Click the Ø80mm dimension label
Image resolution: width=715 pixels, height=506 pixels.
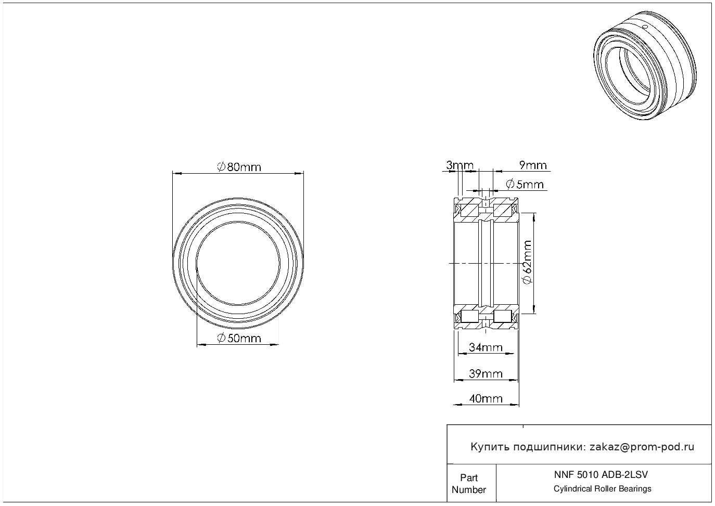[239, 167]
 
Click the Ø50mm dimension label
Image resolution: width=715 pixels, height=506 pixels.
[239, 338]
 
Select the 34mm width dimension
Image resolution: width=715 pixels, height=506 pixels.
[486, 347]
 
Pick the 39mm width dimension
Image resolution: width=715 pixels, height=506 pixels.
[486, 373]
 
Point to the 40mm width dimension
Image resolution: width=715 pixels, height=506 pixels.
[486, 398]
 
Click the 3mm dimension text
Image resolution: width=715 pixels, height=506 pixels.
[459, 165]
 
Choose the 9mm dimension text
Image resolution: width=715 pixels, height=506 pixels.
[533, 165]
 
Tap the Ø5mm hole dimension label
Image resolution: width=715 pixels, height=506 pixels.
[525, 185]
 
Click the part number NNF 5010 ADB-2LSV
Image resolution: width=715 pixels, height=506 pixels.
[601, 475]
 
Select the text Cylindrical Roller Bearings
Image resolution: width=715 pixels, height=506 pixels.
[602, 488]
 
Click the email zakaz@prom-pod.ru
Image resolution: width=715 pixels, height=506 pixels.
[642, 447]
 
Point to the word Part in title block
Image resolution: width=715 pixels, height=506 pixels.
[469, 477]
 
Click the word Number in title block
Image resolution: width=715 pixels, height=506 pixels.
[468, 489]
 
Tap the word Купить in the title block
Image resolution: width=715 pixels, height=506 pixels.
[490, 447]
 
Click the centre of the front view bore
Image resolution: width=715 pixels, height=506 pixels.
[238, 264]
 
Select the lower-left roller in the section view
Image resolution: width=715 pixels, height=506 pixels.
[470, 317]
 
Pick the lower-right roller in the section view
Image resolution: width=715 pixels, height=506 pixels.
[502, 317]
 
